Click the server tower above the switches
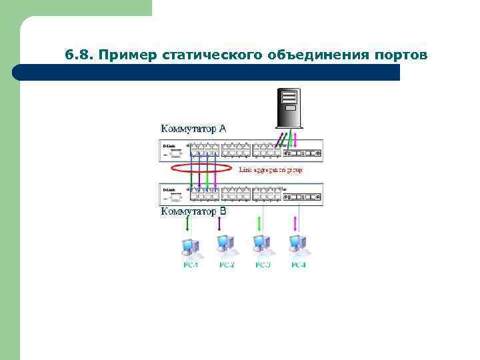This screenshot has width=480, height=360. [x=289, y=107]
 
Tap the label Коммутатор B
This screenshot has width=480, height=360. [x=193, y=211]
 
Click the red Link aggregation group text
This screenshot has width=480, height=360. [x=271, y=170]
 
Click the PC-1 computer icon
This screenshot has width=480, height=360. [x=191, y=247]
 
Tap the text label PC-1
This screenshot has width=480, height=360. [x=191, y=265]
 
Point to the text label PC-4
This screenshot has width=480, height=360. [x=299, y=265]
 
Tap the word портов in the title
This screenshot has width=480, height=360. [x=395, y=55]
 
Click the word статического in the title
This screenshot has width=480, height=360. [x=213, y=55]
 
